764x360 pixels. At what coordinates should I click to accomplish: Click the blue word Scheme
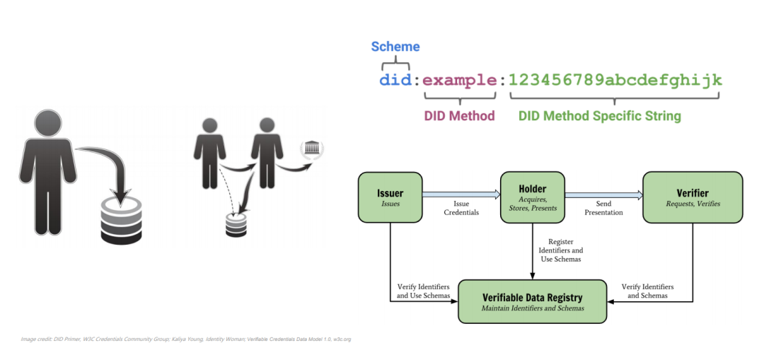395,47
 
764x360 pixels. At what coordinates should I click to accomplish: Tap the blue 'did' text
395,80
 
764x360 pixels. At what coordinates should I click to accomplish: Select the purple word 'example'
460,80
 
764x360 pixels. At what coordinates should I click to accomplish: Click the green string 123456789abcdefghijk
615,80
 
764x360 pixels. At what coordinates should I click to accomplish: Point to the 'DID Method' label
459,115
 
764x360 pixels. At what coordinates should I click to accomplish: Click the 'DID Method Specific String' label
598,115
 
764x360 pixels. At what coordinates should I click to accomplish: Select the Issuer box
390,197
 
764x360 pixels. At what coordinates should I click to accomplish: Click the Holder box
532,197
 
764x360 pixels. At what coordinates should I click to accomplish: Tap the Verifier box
692,197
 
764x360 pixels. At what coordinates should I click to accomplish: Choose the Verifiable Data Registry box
533,301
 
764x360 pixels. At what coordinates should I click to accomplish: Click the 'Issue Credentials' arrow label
461,208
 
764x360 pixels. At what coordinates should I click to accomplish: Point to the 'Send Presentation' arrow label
603,208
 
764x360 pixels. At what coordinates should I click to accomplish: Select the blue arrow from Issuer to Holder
461,192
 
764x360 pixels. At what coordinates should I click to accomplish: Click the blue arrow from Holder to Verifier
603,192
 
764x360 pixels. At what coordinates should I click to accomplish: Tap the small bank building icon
311,149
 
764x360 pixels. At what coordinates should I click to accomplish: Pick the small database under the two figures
235,224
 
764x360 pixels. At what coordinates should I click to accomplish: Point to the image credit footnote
185,339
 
